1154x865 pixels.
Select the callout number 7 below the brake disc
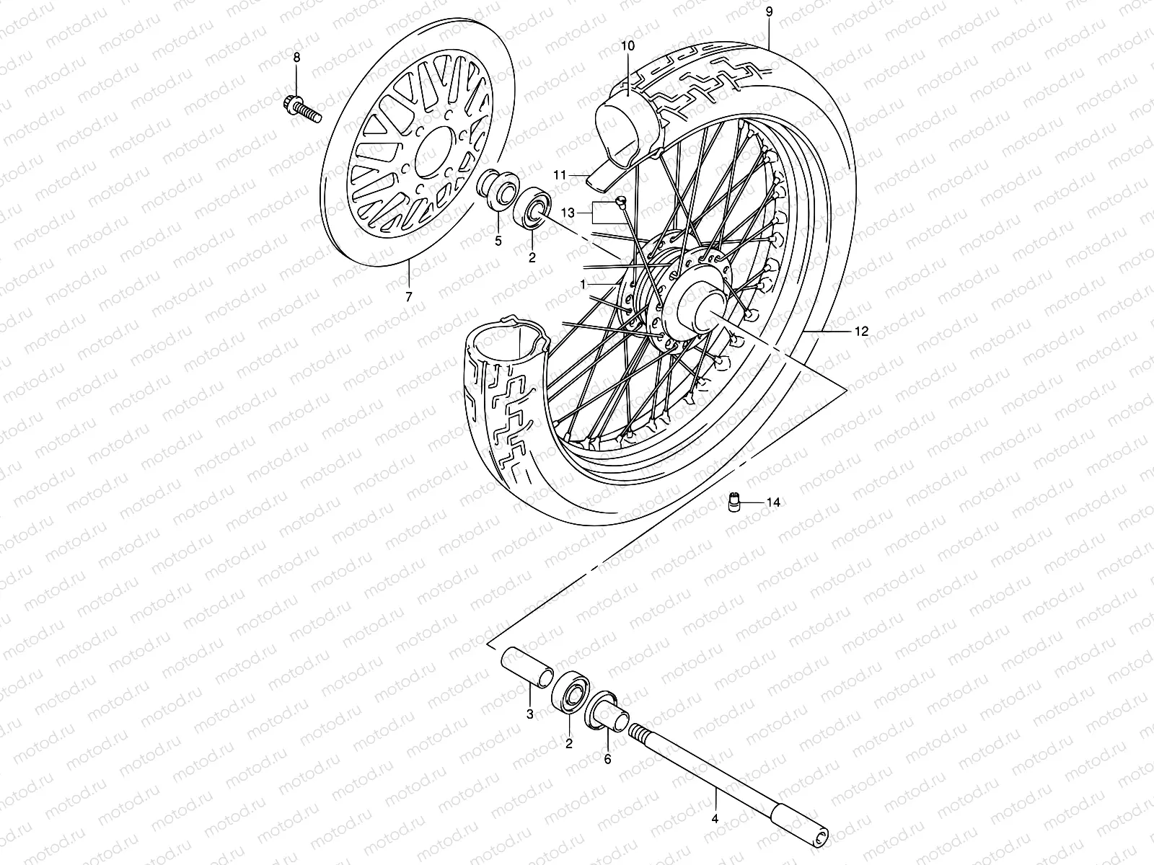408,297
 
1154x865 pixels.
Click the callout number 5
498,241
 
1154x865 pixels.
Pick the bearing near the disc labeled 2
533,207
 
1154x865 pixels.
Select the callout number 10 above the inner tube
627,45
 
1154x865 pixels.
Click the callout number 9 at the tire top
769,12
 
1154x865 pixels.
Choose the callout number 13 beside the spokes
568,213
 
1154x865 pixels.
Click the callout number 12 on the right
861,332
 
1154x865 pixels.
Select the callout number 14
773,502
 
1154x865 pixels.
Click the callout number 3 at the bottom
529,714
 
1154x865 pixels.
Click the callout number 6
607,758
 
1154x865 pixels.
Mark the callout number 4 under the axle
715,818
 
